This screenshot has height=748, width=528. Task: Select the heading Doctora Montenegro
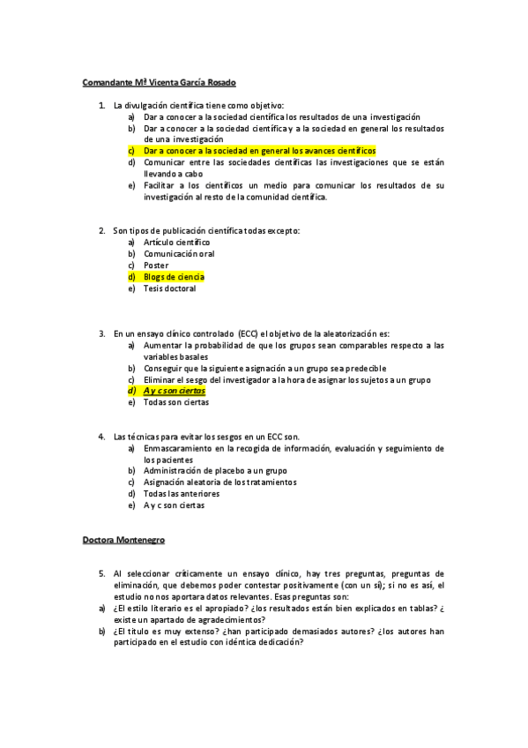(123, 539)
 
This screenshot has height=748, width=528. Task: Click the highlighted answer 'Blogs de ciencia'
(175, 277)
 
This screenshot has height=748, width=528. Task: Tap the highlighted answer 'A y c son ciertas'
(175, 391)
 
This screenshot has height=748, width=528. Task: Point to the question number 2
(101, 231)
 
